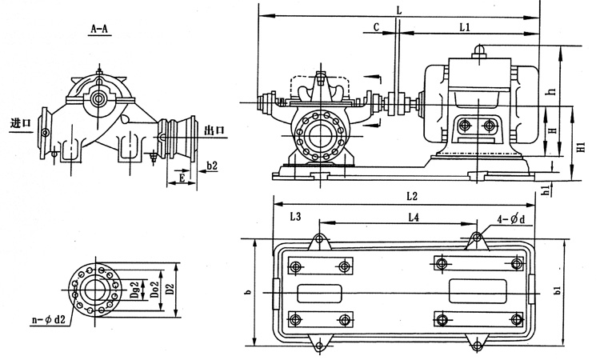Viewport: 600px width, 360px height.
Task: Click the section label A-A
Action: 100,30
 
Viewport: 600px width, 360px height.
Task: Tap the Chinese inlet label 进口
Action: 21,124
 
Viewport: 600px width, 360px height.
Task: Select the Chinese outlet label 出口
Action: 214,130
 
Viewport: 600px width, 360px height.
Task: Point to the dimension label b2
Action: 212,166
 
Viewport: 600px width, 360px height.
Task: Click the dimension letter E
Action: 183,179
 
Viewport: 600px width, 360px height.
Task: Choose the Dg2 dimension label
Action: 135,286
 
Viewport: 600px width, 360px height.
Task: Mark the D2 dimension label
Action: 170,286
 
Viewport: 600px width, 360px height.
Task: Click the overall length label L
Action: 398,9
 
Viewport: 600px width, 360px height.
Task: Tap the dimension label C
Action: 376,27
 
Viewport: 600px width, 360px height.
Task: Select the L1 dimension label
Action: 466,27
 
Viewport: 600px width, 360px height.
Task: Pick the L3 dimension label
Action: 294,217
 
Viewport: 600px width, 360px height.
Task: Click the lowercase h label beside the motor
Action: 552,91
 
